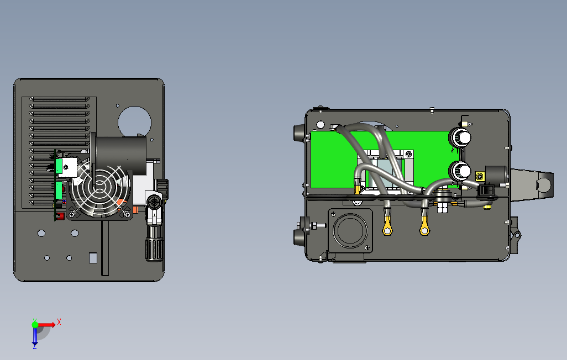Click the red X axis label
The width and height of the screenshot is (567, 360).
point(59,322)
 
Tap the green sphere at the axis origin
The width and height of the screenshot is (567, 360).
point(35,325)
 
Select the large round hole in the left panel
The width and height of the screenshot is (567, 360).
point(134,122)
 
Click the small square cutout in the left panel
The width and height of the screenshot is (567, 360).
point(93,258)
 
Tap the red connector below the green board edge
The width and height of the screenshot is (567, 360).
point(59,216)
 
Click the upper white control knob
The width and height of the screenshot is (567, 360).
point(460,137)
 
